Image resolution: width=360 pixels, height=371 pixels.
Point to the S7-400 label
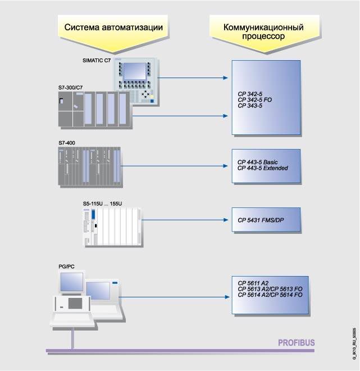66,143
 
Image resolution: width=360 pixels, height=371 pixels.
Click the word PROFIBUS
297,342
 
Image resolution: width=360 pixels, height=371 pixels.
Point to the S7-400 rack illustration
88,166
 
